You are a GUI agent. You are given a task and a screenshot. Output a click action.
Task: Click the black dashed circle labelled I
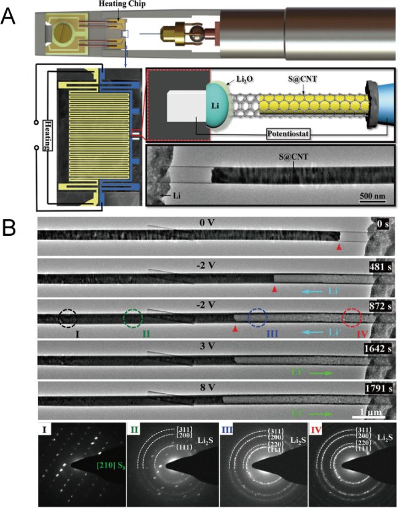coord(68,318)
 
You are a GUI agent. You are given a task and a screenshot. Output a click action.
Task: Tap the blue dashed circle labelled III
coord(257,318)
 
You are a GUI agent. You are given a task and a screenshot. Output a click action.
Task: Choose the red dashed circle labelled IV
coord(352,318)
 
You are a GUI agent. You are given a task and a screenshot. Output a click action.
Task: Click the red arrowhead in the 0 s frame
coord(338,247)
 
